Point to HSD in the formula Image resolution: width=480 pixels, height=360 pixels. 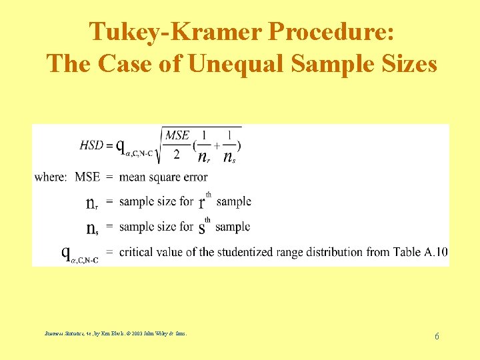click(x=91, y=144)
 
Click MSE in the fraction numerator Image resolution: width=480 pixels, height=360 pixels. click(x=177, y=135)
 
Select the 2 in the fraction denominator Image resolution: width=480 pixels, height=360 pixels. click(x=177, y=155)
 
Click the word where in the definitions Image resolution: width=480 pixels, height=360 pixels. click(x=50, y=177)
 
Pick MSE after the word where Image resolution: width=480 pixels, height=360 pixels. click(x=87, y=177)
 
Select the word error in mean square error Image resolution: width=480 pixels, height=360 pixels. click(x=193, y=177)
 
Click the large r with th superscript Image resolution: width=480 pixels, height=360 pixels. click(x=202, y=202)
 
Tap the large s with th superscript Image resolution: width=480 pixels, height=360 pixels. click(x=201, y=228)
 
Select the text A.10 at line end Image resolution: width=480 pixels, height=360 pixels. click(x=436, y=252)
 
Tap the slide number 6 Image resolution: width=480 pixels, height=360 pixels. click(x=437, y=336)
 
